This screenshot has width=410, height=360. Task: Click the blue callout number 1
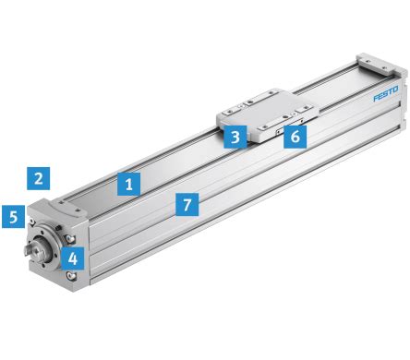[130, 184]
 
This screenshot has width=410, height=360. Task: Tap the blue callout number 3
[236, 138]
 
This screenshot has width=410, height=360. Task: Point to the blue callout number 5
[14, 218]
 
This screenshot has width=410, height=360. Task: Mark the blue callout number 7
[187, 204]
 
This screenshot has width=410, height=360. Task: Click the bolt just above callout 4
[72, 238]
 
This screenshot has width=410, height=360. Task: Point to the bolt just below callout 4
[73, 276]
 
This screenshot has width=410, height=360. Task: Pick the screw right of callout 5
[31, 221]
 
